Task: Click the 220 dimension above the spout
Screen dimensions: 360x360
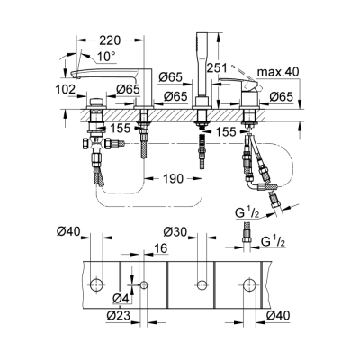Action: [x=111, y=40]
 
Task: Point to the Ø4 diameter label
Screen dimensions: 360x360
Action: [x=119, y=298]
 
